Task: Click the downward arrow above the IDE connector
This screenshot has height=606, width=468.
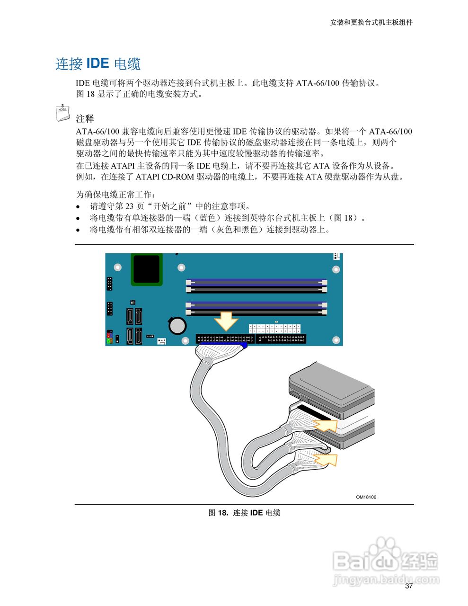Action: pyautogui.click(x=226, y=321)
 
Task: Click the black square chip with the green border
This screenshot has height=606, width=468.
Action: pyautogui.click(x=146, y=268)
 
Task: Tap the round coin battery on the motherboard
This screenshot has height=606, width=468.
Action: pyautogui.click(x=178, y=326)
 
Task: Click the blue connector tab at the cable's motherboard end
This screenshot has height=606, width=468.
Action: pyautogui.click(x=244, y=347)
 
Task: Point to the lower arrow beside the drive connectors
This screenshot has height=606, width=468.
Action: pyautogui.click(x=327, y=459)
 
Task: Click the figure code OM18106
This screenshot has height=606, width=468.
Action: pyautogui.click(x=366, y=497)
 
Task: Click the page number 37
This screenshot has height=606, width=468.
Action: pyautogui.click(x=409, y=586)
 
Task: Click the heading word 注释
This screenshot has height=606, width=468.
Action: pyautogui.click(x=85, y=118)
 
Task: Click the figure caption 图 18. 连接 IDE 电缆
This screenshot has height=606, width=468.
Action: pyautogui.click(x=244, y=513)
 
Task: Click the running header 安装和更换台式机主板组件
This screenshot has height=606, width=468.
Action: pyautogui.click(x=371, y=22)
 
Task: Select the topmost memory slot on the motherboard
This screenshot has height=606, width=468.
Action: pyautogui.click(x=256, y=281)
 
